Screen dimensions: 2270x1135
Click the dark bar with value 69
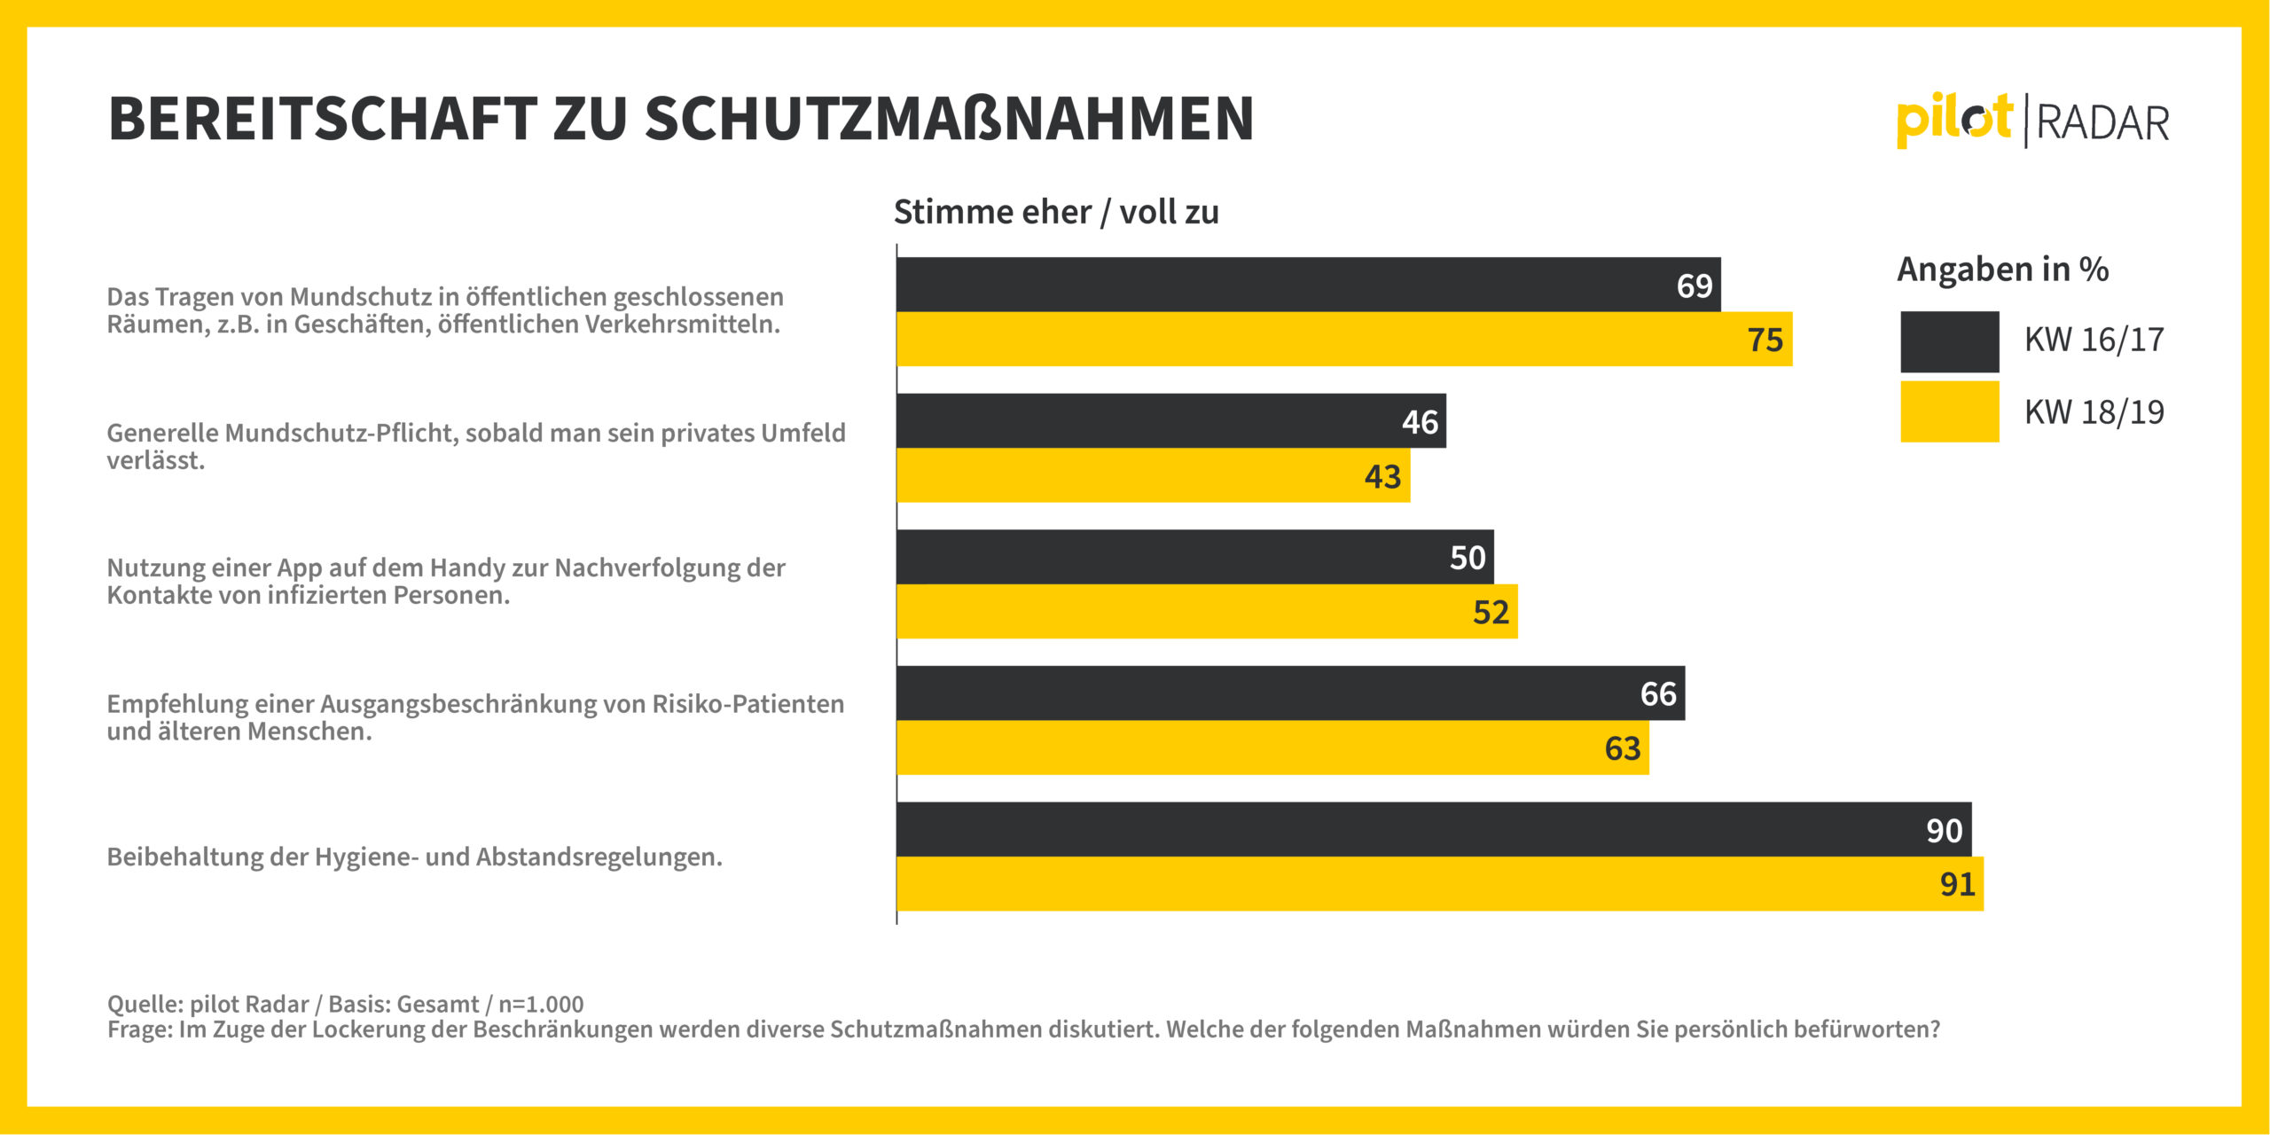pyautogui.click(x=1309, y=285)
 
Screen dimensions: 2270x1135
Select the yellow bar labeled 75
pyautogui.click(x=1344, y=339)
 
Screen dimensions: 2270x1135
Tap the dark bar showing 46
pyautogui.click(x=1171, y=421)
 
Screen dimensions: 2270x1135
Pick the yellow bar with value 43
pyautogui.click(x=1154, y=475)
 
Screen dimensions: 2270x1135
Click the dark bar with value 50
pyautogui.click(x=1195, y=557)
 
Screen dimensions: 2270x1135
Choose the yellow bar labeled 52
pyautogui.click(x=1208, y=611)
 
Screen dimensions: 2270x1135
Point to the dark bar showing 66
pyautogui.click(x=1291, y=693)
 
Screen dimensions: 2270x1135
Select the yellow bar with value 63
pyautogui.click(x=1273, y=748)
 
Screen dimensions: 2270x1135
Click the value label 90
pyautogui.click(x=1944, y=831)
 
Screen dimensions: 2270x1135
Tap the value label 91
pyautogui.click(x=1957, y=884)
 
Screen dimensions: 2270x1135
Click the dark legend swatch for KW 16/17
pyautogui.click(x=1950, y=341)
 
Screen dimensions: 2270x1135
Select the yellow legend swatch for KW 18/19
pyautogui.click(x=1950, y=411)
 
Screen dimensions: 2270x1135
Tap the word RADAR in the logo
pyautogui.click(x=2103, y=123)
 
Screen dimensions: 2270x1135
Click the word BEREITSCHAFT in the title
pyautogui.click(x=323, y=119)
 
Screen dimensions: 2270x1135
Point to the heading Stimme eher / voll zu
pyautogui.click(x=1056, y=213)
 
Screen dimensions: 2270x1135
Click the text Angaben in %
pyautogui.click(x=2002, y=270)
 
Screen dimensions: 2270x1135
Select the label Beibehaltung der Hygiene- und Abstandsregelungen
pyautogui.click(x=415, y=857)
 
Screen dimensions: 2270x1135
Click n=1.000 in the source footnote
pyautogui.click(x=541, y=1004)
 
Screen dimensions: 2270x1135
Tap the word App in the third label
pyautogui.click(x=299, y=569)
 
